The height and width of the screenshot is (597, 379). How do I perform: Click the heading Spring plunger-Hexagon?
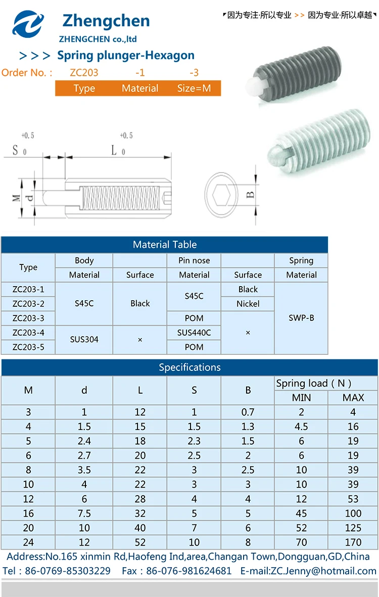(125, 56)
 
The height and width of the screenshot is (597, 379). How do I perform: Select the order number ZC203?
(84, 73)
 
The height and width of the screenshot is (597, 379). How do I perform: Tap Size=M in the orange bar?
(194, 88)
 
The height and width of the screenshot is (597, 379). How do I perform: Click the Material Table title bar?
(165, 245)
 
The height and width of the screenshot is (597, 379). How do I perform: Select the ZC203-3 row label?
(28, 318)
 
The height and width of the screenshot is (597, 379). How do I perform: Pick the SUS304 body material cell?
(84, 340)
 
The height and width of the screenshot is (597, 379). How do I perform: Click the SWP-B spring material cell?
(301, 318)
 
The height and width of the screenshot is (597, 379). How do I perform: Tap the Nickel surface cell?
(248, 304)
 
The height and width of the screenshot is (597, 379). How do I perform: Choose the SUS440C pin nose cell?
(194, 333)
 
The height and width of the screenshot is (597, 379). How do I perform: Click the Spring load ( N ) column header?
(314, 384)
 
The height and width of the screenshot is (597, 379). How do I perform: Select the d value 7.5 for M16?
(84, 514)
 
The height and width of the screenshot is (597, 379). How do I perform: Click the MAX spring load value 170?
(353, 542)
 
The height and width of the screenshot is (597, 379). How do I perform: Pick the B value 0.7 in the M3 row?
(248, 412)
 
